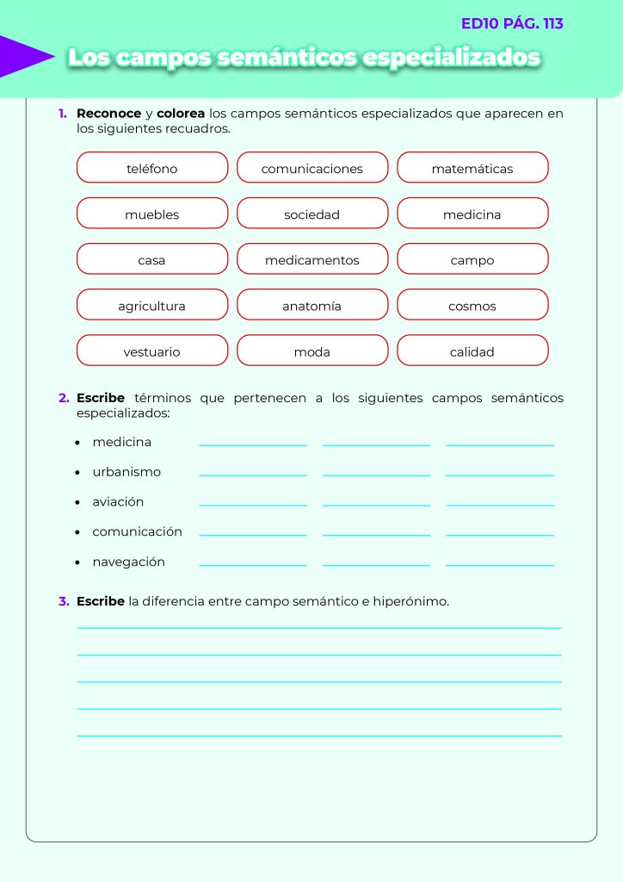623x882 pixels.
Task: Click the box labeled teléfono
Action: tap(152, 168)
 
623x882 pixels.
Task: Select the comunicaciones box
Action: tap(312, 168)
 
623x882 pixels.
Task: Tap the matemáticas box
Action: tap(472, 168)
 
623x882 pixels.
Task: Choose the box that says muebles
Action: tap(152, 214)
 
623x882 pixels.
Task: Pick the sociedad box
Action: tap(312, 214)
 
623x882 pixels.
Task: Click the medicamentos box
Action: tap(312, 259)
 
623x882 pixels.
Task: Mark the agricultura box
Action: tap(152, 305)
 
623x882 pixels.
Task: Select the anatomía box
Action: tap(312, 305)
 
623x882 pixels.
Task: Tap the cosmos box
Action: tap(472, 305)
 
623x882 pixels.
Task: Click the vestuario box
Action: tap(152, 351)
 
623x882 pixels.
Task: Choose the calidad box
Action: tap(472, 351)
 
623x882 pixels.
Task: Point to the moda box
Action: tap(312, 351)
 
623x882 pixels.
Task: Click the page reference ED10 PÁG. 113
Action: tap(512, 24)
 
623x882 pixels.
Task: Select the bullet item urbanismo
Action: tap(126, 472)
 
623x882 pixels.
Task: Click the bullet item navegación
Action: tap(128, 562)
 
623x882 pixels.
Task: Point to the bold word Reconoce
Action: tap(108, 114)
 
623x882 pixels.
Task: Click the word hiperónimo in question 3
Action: tap(410, 601)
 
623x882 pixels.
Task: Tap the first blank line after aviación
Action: tap(253, 504)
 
